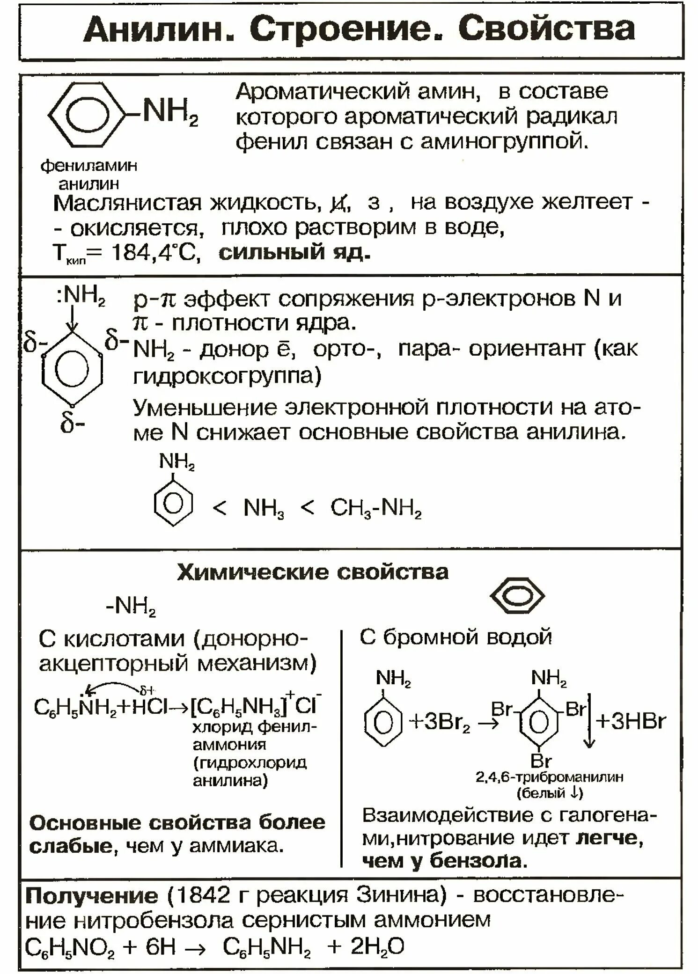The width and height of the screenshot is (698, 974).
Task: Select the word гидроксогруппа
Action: click(x=227, y=375)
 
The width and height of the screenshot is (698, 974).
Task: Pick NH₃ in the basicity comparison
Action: click(x=264, y=508)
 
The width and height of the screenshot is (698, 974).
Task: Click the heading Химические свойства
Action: click(x=313, y=572)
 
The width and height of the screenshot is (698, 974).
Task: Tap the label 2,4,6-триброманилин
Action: click(x=549, y=777)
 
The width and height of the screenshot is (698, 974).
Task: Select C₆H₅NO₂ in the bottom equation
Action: click(x=69, y=948)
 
